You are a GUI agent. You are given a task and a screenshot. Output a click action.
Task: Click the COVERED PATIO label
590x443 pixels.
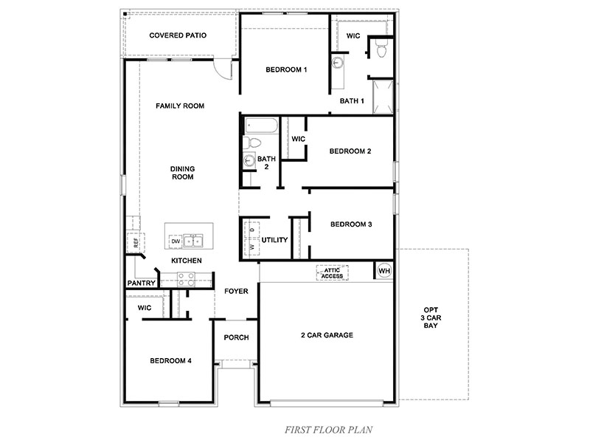coord(178,35)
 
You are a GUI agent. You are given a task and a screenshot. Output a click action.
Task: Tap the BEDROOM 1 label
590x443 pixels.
coord(265,69)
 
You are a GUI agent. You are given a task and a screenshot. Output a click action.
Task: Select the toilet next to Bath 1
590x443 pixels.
coord(381,50)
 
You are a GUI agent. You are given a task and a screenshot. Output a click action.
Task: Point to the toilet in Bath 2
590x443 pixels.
coord(251,142)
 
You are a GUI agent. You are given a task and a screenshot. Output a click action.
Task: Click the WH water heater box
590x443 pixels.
coord(383,271)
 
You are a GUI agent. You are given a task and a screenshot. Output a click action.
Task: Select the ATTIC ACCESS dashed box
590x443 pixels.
coord(332,272)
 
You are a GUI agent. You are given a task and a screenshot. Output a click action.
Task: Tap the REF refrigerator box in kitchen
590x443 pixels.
coord(136,242)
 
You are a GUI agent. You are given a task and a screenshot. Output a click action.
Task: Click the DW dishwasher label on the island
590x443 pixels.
coord(176,241)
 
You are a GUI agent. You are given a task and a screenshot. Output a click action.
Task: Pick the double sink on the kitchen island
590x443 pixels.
coord(194,241)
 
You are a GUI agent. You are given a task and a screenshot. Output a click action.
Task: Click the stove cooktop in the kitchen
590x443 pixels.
coord(185,279)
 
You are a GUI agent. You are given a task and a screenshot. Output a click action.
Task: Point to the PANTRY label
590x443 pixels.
coord(140,283)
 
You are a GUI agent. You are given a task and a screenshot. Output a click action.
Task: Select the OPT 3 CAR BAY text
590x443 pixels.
coord(431,317)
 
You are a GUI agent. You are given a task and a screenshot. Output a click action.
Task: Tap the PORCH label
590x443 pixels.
coord(236,337)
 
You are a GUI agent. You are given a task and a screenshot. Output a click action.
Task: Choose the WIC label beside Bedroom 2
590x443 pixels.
coord(299,139)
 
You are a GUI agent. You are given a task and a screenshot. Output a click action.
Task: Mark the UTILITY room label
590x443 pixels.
coord(274,240)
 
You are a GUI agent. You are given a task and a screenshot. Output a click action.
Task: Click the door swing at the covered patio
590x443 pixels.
coord(223,68)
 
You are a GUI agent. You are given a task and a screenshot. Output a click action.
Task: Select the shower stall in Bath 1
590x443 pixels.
coord(383,97)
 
